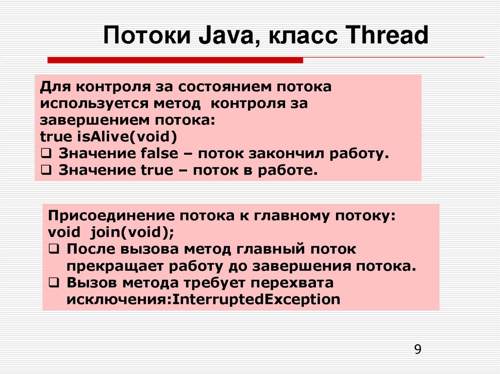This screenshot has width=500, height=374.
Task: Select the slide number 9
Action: (x=417, y=349)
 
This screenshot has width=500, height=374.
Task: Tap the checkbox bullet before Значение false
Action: (x=44, y=154)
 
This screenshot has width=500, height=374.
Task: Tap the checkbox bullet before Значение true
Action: (x=44, y=170)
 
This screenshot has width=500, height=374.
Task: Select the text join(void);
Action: (x=141, y=233)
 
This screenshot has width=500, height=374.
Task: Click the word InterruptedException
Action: (x=257, y=299)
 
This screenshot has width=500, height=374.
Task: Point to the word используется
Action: (x=96, y=104)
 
